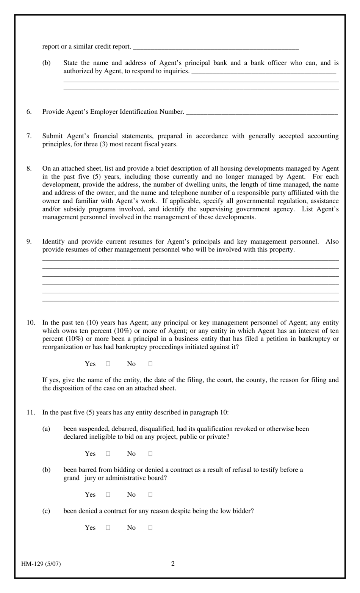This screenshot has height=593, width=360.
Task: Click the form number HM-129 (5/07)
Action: tap(41, 564)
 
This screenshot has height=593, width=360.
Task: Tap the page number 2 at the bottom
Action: tap(173, 563)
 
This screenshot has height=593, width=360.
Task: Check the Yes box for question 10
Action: tap(108, 364)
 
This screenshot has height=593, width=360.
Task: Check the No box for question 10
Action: tap(150, 364)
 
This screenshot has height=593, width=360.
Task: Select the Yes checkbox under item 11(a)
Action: tap(108, 453)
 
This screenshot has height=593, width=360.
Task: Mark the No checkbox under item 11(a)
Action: tap(150, 453)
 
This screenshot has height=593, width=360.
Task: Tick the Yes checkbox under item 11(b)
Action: tap(108, 494)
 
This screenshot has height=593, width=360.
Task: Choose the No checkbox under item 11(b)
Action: tap(150, 494)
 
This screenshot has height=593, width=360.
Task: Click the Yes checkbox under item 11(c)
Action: tap(108, 527)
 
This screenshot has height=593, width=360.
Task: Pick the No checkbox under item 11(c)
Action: tap(150, 527)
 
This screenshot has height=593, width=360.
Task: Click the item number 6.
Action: tap(29, 112)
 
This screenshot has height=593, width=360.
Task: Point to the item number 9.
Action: tap(29, 242)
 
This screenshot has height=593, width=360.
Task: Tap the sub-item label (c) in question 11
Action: tap(46, 511)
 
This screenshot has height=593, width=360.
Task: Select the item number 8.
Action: tap(29, 169)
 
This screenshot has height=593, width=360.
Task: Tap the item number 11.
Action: tap(31, 413)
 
